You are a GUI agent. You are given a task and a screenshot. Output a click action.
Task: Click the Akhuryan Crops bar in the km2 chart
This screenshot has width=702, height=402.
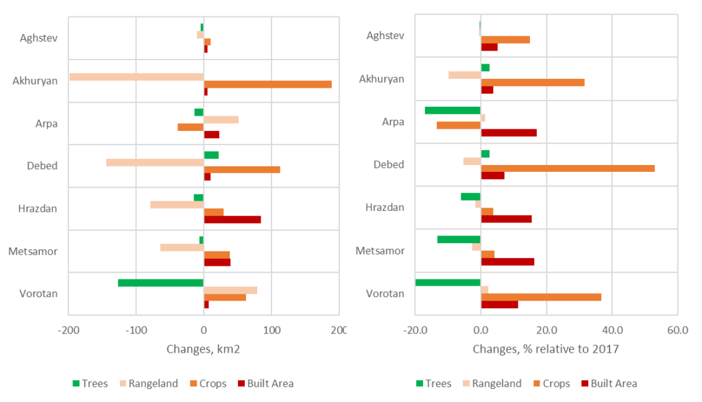[267, 84]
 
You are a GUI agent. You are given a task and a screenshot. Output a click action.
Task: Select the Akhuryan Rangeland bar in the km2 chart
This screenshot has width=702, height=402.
[136, 77]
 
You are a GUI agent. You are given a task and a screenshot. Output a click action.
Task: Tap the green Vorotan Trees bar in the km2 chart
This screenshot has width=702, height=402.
[160, 282]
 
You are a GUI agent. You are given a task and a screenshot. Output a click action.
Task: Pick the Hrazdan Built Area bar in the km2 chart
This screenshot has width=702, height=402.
[232, 220]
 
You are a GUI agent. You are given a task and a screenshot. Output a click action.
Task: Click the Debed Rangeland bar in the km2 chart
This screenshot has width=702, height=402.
[155, 162]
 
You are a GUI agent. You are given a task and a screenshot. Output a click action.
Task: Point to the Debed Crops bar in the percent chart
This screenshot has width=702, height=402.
[568, 168]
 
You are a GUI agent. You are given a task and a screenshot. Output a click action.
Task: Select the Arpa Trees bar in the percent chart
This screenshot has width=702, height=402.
[452, 110]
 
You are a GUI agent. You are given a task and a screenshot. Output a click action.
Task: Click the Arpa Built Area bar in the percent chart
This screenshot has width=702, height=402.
[509, 133]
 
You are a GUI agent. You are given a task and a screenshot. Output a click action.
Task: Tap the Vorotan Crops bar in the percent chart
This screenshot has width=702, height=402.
[541, 297]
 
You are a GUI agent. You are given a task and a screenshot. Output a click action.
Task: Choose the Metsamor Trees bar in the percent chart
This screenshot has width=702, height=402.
[459, 239]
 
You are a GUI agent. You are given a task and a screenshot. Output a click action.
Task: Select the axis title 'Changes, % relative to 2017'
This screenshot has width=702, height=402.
[546, 349]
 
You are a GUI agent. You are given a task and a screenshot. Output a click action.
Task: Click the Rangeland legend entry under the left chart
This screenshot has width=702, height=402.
[148, 384]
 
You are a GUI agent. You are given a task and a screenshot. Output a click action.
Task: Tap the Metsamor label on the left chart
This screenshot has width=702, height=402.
[33, 251]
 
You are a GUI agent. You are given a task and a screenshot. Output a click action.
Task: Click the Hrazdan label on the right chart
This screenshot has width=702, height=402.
[385, 208]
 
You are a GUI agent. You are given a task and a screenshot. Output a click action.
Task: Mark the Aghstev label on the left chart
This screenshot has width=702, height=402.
[38, 37]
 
